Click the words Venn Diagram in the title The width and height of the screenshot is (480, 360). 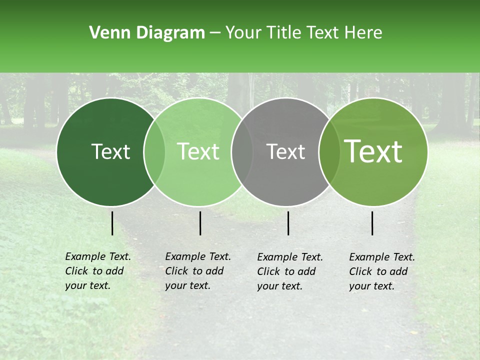(x=147, y=33)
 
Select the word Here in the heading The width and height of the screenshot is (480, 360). (x=364, y=33)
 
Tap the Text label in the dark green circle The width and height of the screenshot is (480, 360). (x=110, y=152)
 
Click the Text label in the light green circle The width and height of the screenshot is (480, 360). (x=198, y=152)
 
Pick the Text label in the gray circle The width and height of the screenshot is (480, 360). (x=286, y=152)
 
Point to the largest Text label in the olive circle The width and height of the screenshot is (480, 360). (x=373, y=151)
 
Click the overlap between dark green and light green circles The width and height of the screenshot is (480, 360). (x=154, y=152)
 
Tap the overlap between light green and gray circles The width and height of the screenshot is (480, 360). (x=242, y=152)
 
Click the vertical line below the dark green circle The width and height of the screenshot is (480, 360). (x=112, y=223)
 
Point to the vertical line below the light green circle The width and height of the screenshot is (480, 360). (x=200, y=223)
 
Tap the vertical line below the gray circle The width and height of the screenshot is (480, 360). (x=288, y=223)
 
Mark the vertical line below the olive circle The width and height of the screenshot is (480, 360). (x=372, y=223)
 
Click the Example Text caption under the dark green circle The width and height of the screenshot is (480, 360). (x=97, y=271)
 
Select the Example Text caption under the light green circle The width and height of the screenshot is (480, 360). (x=197, y=271)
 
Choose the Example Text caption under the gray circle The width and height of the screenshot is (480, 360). (x=289, y=271)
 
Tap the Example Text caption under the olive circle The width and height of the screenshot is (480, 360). (x=381, y=271)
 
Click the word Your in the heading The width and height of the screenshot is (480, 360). (x=243, y=33)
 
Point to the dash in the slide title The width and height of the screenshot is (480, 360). (x=215, y=33)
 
